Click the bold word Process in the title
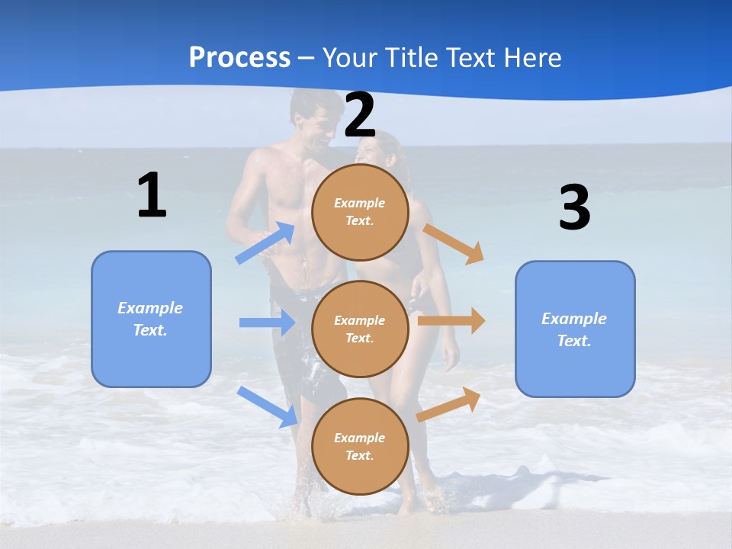pyautogui.click(x=239, y=58)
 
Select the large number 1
pyautogui.click(x=152, y=196)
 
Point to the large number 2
pyautogui.click(x=360, y=116)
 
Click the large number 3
pyautogui.click(x=574, y=208)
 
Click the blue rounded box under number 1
pyautogui.click(x=151, y=319)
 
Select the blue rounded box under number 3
pyautogui.click(x=575, y=329)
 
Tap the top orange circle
pyautogui.click(x=360, y=212)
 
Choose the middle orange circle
pyautogui.click(x=360, y=329)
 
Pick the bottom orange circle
pyautogui.click(x=360, y=447)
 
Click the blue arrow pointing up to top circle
pyautogui.click(x=265, y=243)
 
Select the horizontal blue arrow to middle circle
pyautogui.click(x=267, y=323)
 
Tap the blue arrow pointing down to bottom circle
pyautogui.click(x=268, y=406)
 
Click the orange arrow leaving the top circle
pyautogui.click(x=454, y=243)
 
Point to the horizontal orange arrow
pyautogui.click(x=451, y=321)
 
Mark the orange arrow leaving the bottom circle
pyautogui.click(x=449, y=405)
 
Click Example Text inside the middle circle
pyautogui.click(x=360, y=329)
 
